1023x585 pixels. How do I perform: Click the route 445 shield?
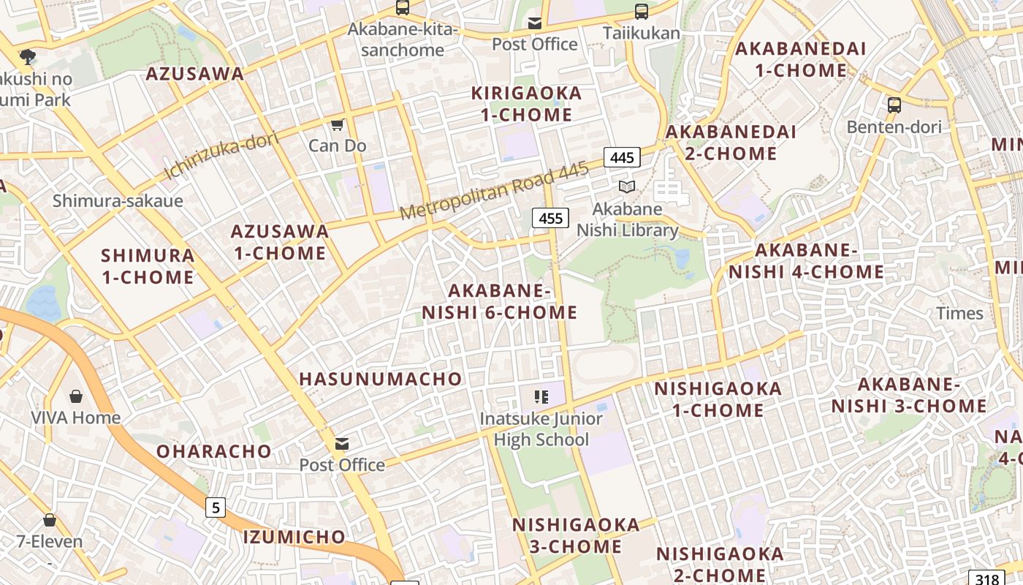point(622,157)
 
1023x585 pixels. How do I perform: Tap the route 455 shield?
point(550,218)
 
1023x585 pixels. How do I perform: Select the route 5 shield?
point(215,507)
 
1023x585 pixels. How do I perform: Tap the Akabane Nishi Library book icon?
point(627,186)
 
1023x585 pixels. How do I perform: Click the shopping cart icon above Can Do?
point(337,124)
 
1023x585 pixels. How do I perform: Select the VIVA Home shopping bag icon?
point(76,396)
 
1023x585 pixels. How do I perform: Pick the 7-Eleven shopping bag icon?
point(50,520)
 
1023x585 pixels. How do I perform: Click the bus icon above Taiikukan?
point(642,11)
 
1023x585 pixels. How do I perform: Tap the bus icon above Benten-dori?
point(894,105)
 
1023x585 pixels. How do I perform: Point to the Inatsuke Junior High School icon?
point(541,397)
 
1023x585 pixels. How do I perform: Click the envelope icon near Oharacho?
point(342,444)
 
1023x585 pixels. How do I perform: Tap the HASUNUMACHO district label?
point(381,379)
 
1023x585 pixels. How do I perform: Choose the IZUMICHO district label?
point(294,537)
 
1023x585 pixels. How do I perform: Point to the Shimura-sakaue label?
point(118,200)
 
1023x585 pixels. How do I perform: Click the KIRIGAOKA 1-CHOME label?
point(526,104)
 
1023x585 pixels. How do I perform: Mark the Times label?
point(959,314)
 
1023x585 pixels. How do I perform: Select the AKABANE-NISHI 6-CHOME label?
point(500,301)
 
